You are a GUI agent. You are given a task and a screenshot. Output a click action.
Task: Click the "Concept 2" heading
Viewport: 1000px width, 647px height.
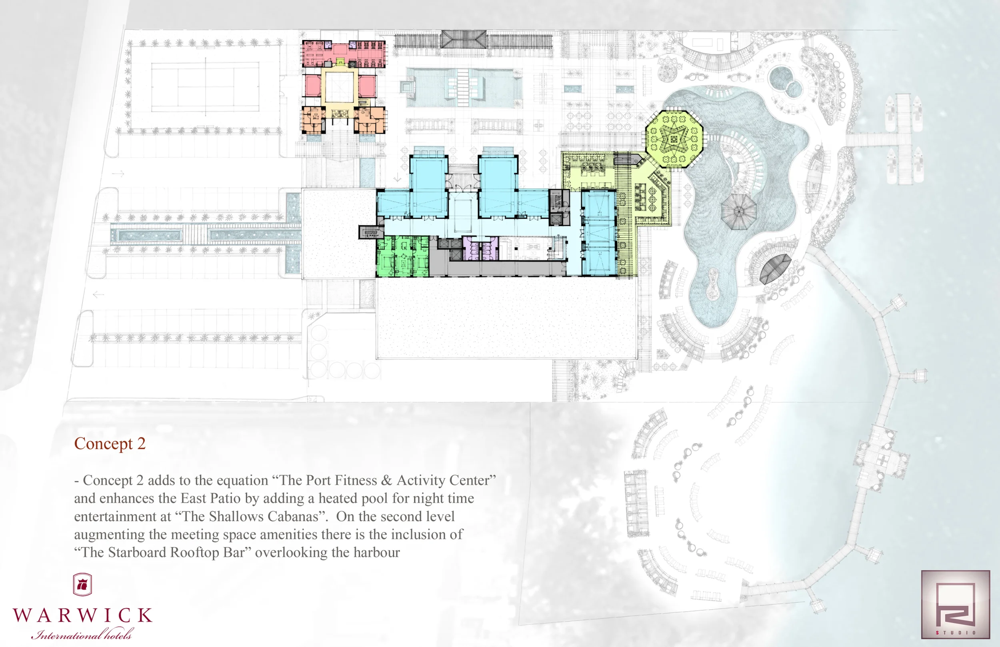110,443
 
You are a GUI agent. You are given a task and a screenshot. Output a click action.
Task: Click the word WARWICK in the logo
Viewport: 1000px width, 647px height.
82,615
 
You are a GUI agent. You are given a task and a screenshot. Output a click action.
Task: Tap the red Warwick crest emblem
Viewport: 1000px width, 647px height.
82,584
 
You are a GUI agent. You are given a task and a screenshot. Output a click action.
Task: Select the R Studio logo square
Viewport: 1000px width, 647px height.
956,604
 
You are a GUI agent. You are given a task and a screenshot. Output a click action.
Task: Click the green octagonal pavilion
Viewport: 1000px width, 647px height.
674,139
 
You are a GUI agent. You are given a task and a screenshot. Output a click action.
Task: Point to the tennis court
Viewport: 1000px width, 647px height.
205,86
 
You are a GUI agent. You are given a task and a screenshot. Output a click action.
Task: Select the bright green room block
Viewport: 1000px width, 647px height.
402,256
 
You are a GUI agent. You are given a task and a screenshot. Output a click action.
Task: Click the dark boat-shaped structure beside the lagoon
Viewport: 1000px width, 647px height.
775,269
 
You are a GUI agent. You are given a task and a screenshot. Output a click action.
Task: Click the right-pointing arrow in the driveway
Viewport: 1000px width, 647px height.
118,174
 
